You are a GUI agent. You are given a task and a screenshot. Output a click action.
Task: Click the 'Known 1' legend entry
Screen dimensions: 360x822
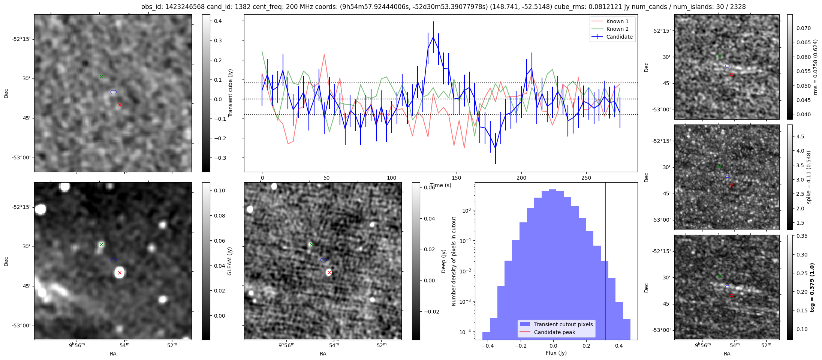tap(617, 21)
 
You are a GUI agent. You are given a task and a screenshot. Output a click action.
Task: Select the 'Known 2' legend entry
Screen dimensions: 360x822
tap(617, 29)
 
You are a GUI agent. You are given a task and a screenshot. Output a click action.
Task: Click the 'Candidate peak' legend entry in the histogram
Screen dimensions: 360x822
tap(554, 332)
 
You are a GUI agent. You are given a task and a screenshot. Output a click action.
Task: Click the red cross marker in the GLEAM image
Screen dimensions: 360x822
tap(120, 273)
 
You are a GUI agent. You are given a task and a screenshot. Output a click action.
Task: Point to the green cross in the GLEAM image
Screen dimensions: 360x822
tap(101, 244)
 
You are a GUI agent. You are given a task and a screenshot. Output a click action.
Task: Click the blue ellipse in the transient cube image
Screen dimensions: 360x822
tap(114, 92)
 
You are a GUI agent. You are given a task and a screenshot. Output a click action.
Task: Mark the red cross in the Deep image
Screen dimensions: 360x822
tap(329, 272)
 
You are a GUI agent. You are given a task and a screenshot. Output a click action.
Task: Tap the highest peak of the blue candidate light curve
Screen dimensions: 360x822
tap(433, 37)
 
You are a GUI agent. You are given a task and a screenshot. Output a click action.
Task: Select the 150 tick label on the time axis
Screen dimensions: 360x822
tap(456, 178)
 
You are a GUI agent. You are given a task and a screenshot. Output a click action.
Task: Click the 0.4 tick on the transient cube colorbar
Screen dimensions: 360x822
tap(218, 21)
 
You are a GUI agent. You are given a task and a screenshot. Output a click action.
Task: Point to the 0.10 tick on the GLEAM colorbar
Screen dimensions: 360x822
tap(220, 190)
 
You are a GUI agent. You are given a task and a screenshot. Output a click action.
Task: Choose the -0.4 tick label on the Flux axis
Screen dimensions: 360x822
tap(487, 346)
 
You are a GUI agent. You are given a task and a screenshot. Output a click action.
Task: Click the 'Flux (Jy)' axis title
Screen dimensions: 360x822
tap(556, 353)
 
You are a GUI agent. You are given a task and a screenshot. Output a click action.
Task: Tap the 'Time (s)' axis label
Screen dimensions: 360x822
tap(440, 185)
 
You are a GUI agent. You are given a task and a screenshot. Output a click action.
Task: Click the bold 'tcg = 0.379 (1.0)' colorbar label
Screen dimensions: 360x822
tap(812, 288)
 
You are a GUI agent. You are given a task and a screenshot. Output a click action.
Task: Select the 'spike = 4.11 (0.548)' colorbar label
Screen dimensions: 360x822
tap(809, 177)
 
